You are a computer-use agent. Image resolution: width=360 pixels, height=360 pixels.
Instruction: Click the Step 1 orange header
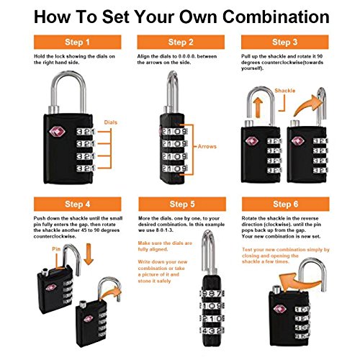77,42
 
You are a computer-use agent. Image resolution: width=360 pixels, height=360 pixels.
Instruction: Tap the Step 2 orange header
181,42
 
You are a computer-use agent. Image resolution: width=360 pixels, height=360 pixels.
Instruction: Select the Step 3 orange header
284,42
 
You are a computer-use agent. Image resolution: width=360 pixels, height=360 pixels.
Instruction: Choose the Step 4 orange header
77,204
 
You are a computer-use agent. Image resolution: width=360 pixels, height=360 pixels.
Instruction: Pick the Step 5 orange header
182,204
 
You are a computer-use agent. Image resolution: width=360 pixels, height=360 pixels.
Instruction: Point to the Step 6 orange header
285,204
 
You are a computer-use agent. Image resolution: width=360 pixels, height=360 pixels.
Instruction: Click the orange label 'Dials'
111,122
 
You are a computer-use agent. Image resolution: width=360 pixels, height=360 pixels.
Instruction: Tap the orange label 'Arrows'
207,146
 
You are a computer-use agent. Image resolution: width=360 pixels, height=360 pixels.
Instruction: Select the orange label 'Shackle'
285,91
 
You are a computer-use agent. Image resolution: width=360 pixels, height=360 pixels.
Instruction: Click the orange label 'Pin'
56,249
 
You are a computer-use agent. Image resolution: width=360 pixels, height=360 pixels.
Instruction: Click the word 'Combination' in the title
276,17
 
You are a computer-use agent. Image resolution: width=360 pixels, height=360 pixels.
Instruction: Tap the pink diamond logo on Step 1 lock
57,132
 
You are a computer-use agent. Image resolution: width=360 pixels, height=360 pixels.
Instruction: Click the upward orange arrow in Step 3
258,107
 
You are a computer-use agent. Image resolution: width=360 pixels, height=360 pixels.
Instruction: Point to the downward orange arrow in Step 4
89,254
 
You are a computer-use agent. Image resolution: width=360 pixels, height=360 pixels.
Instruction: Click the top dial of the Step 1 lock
86,132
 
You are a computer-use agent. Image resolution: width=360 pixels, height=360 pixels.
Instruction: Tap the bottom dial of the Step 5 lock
212,330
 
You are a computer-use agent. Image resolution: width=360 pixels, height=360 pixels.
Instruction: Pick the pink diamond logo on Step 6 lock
280,309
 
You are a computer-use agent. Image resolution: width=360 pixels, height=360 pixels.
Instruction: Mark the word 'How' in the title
53,17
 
